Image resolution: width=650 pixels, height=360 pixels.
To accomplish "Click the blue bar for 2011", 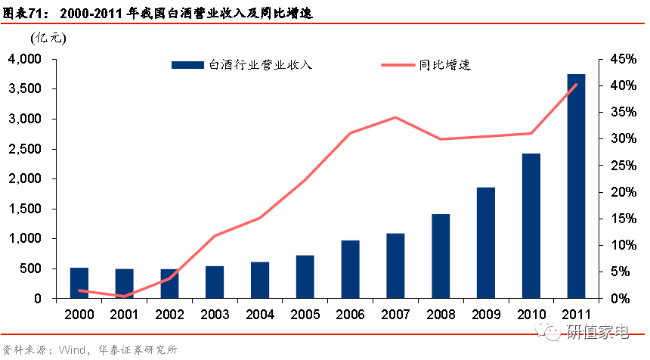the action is (x=576, y=186).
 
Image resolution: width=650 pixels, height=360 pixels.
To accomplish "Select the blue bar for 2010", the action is (x=531, y=225).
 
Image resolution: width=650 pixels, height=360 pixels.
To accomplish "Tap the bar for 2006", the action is (x=350, y=269).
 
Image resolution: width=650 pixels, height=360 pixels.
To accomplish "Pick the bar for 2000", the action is (x=79, y=283).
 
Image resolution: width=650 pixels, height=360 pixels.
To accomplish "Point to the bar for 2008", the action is (x=441, y=256).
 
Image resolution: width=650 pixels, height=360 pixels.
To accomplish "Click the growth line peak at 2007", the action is (x=395, y=117).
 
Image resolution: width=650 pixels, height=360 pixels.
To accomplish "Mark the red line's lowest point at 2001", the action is (x=125, y=296).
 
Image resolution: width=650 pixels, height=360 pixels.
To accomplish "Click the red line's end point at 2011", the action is (x=576, y=85).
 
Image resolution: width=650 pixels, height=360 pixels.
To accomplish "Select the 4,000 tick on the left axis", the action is (x=25, y=59).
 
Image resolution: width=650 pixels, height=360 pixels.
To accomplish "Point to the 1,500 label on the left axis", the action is (x=25, y=209).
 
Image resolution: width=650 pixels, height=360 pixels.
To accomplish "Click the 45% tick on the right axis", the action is (x=623, y=59).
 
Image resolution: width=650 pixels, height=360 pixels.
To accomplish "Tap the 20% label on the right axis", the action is (x=623, y=192).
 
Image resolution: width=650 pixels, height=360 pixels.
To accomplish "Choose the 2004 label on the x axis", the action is (x=260, y=315).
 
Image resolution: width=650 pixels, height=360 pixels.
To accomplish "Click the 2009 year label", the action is (x=486, y=315).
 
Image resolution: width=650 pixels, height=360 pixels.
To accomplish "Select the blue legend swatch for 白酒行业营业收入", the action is (x=187, y=65).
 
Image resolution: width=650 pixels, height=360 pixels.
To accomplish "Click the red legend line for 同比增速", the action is (x=398, y=65).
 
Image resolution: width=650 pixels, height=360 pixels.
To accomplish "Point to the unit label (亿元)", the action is (x=48, y=38).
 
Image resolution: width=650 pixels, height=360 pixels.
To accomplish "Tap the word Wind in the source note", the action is (x=72, y=350).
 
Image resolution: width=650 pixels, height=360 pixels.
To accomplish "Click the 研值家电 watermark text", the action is (x=598, y=332).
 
